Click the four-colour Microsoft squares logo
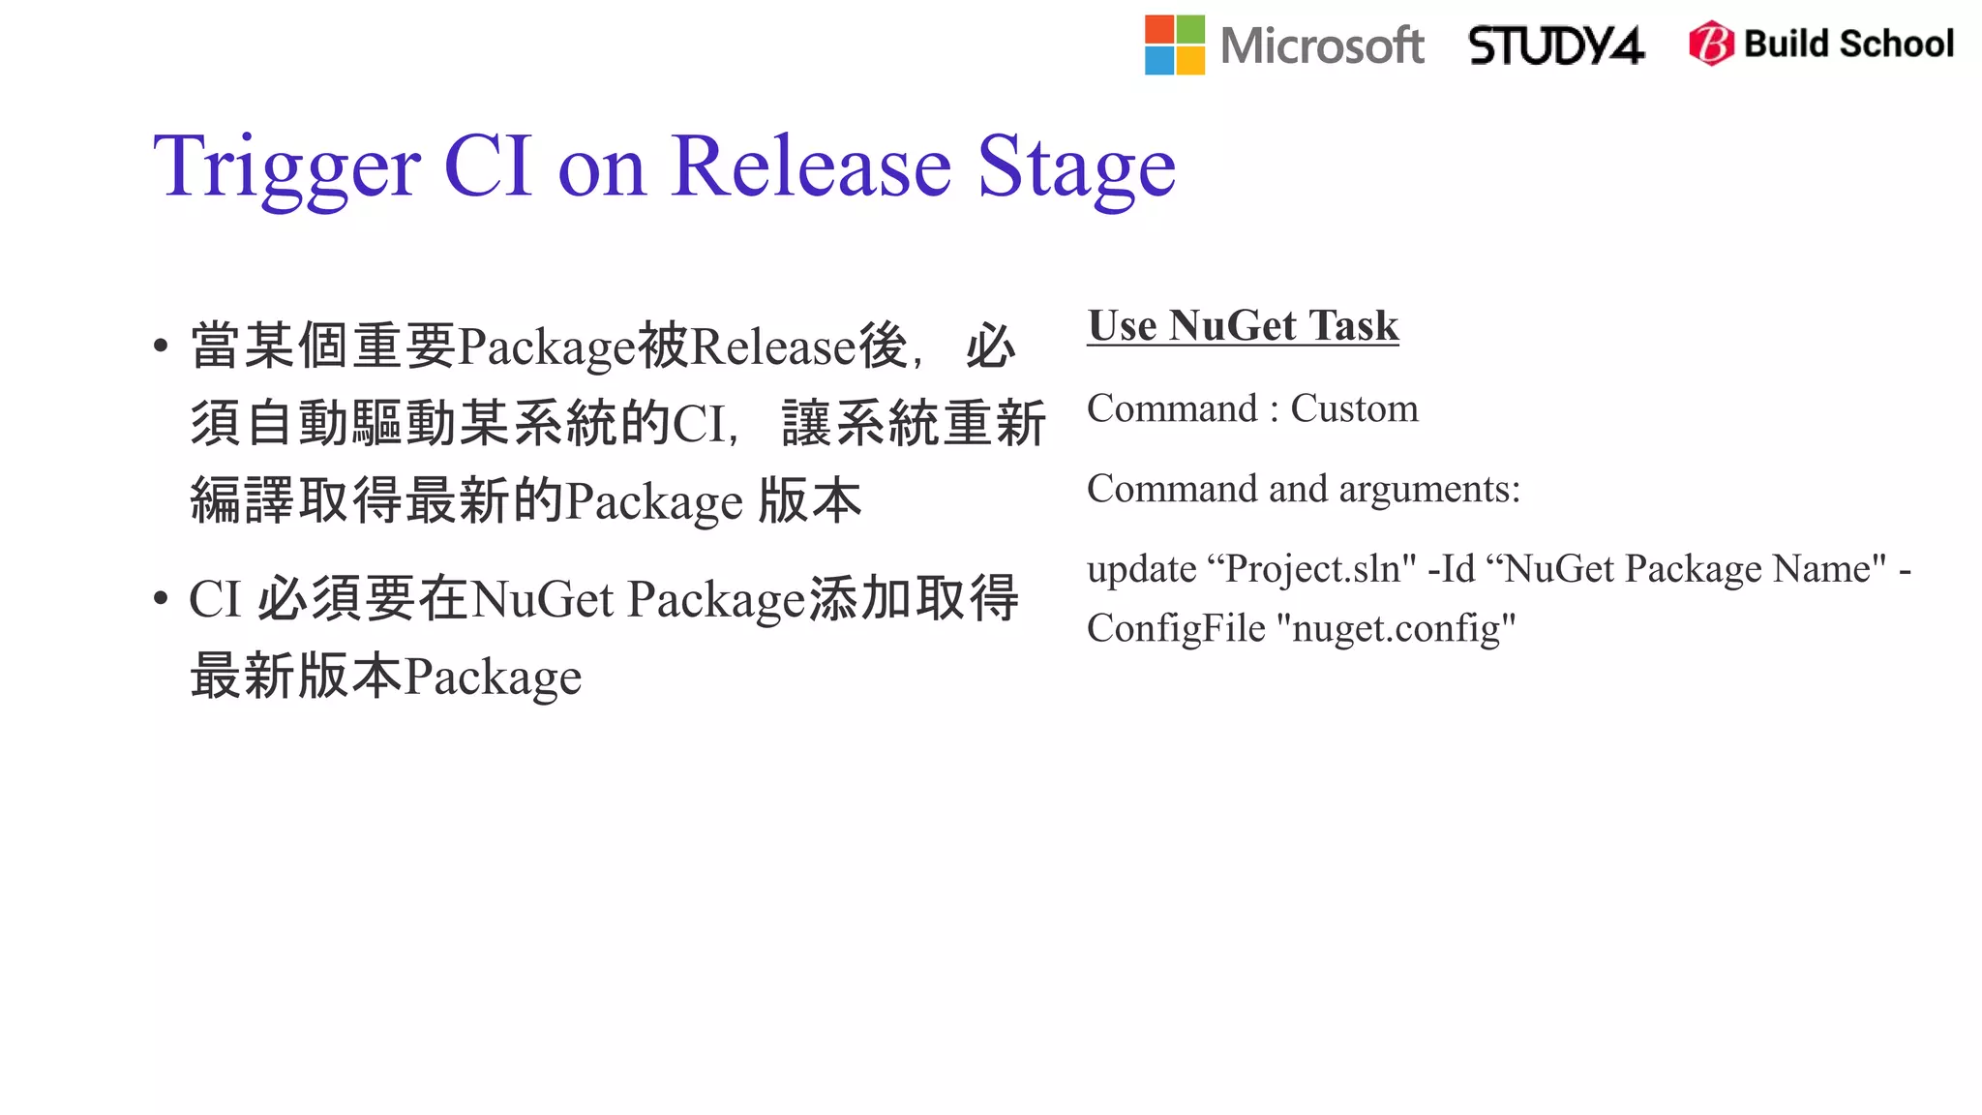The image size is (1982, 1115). [x=1174, y=45]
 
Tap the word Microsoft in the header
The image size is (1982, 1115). [x=1322, y=45]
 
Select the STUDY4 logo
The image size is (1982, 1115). [x=1556, y=45]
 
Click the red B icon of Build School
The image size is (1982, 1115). [x=1711, y=44]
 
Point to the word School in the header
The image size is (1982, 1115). [x=1897, y=44]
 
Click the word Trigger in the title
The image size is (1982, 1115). [x=286, y=167]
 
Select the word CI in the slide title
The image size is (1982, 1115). [x=488, y=166]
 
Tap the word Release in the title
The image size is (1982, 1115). [x=811, y=166]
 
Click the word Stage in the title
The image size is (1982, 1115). [x=1076, y=167]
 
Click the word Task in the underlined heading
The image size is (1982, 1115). [x=1353, y=325]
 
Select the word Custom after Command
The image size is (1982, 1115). [x=1354, y=408]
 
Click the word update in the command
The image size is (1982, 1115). [x=1141, y=569]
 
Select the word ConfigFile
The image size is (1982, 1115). [x=1176, y=628]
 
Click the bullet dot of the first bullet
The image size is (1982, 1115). [x=161, y=347]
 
